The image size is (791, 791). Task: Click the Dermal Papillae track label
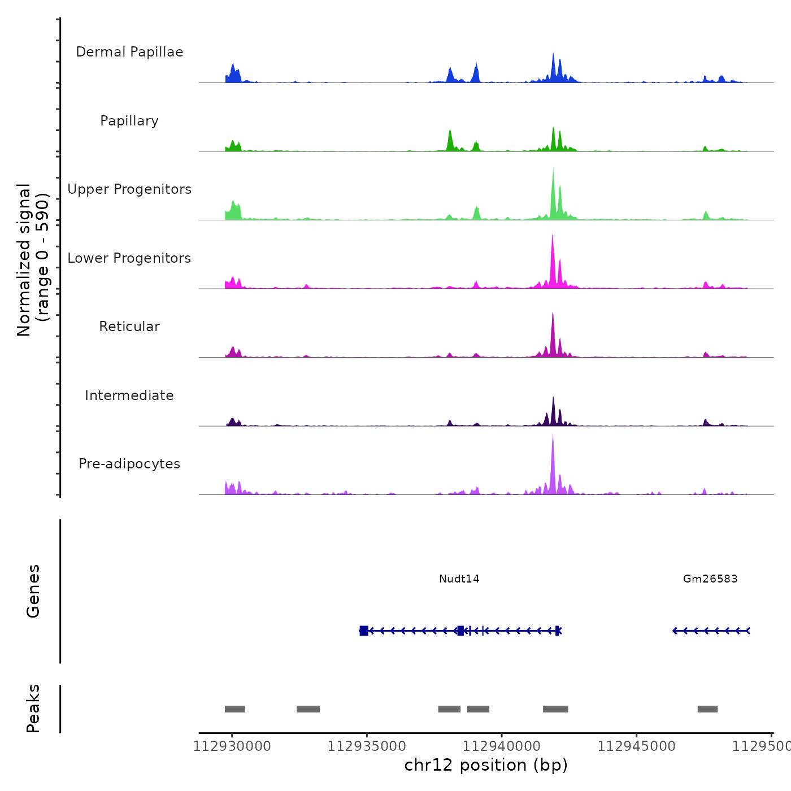click(129, 52)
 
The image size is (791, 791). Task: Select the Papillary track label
click(129, 121)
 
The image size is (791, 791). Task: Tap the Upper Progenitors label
click(129, 189)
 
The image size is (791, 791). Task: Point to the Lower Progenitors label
click(129, 258)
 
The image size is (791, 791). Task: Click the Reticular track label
click(129, 327)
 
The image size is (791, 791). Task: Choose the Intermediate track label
click(129, 395)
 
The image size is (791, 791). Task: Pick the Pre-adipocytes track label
click(129, 464)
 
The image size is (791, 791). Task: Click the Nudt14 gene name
click(459, 579)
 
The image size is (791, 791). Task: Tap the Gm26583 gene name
click(710, 579)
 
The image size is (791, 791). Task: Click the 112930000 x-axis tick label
click(232, 746)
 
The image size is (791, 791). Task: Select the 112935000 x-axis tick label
click(367, 746)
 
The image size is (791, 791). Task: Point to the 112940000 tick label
click(502, 746)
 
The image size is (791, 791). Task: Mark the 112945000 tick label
click(636, 746)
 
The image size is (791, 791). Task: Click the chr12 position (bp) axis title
click(486, 765)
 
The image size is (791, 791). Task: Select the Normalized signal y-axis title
click(33, 260)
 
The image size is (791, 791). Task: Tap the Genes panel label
click(33, 591)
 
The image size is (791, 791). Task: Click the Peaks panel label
click(33, 709)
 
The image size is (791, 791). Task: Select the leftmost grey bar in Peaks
click(235, 709)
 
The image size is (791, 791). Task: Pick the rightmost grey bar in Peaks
click(707, 709)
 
